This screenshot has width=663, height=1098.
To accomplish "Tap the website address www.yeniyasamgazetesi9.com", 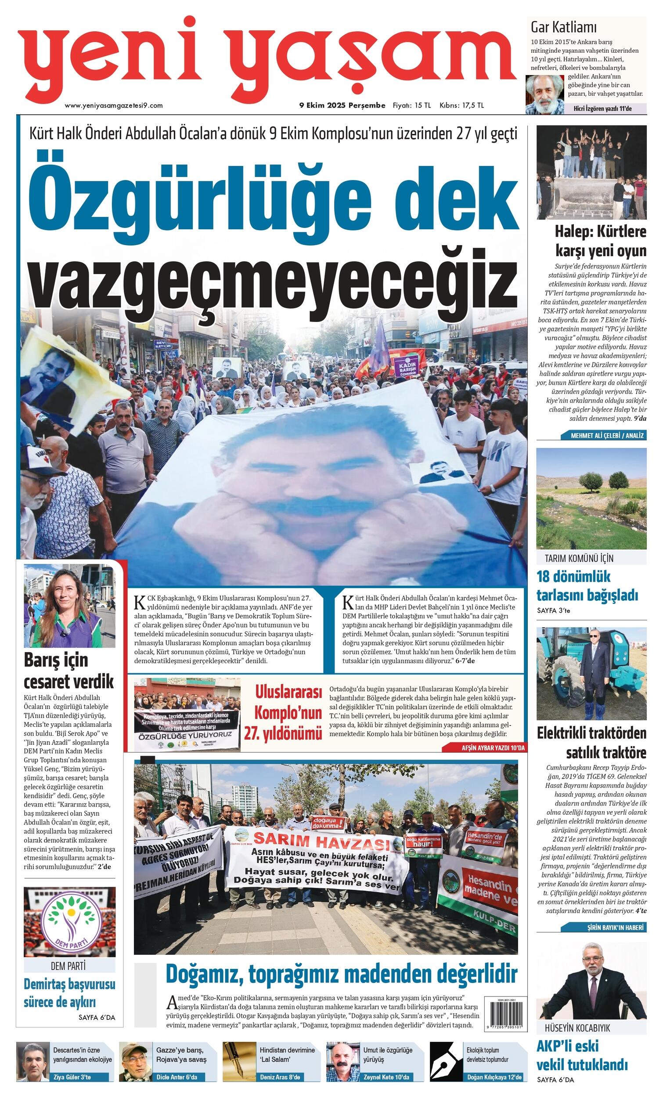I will [x=114, y=105].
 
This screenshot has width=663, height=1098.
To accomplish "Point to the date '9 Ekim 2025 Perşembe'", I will [x=342, y=105].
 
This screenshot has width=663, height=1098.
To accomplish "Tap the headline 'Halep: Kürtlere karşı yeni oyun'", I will [x=600, y=241].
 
